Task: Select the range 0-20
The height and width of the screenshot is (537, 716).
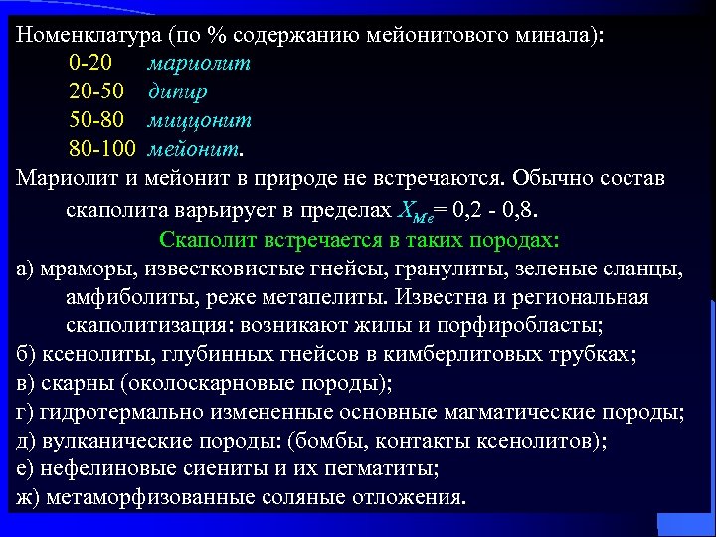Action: click(x=90, y=65)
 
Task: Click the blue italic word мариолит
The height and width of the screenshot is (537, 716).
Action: click(x=199, y=65)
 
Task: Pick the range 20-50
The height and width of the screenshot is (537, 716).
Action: click(x=96, y=92)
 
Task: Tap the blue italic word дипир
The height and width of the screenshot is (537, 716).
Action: click(x=179, y=92)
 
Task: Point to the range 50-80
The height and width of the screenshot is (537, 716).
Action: click(x=96, y=121)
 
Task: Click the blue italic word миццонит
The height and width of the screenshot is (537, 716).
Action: click(x=199, y=121)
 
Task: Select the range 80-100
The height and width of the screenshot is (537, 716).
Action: click(x=102, y=150)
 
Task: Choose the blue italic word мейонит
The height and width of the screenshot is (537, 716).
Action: click(x=193, y=150)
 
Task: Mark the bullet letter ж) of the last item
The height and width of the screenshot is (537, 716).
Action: click(x=27, y=497)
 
